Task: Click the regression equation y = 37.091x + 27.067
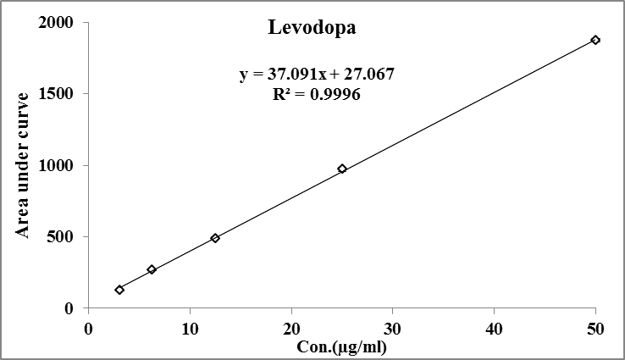tap(317, 75)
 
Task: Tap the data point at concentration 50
tap(595, 40)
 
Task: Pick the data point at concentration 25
tap(342, 169)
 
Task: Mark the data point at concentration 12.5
tap(215, 238)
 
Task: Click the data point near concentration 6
tap(152, 269)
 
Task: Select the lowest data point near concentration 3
tap(119, 290)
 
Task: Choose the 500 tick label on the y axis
tap(62, 237)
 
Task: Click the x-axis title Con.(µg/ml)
tap(341, 346)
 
